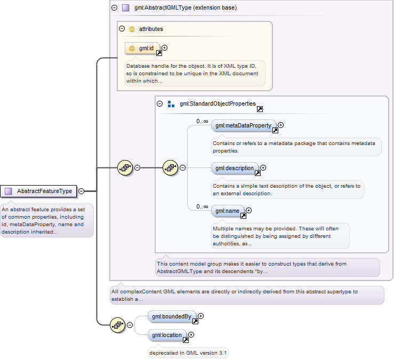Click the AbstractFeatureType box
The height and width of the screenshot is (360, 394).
point(38,191)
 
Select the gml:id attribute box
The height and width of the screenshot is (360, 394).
point(142,49)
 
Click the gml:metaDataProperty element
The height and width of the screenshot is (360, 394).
point(244,125)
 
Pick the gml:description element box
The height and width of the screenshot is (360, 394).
point(235,168)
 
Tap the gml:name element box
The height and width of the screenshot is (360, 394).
point(228,211)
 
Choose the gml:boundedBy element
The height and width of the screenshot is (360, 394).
point(172,316)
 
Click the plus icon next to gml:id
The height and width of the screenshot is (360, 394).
point(165,48)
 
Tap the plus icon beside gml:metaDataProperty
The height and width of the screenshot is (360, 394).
point(280,125)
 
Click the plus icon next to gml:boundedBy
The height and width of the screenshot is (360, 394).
point(201,316)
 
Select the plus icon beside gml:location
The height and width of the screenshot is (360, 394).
point(191,334)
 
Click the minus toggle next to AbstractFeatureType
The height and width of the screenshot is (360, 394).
point(82,191)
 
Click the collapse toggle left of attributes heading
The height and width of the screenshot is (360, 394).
point(122,29)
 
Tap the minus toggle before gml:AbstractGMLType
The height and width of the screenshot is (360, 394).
point(114,8)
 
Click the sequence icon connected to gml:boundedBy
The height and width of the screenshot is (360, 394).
point(118,325)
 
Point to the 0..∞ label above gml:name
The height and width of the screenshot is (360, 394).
point(202,206)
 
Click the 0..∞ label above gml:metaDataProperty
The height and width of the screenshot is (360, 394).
point(202,121)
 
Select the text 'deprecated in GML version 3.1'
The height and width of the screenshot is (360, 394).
point(188,353)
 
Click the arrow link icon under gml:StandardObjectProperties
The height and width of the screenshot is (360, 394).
point(260,109)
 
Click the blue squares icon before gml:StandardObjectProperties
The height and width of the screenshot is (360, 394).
point(171,104)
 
